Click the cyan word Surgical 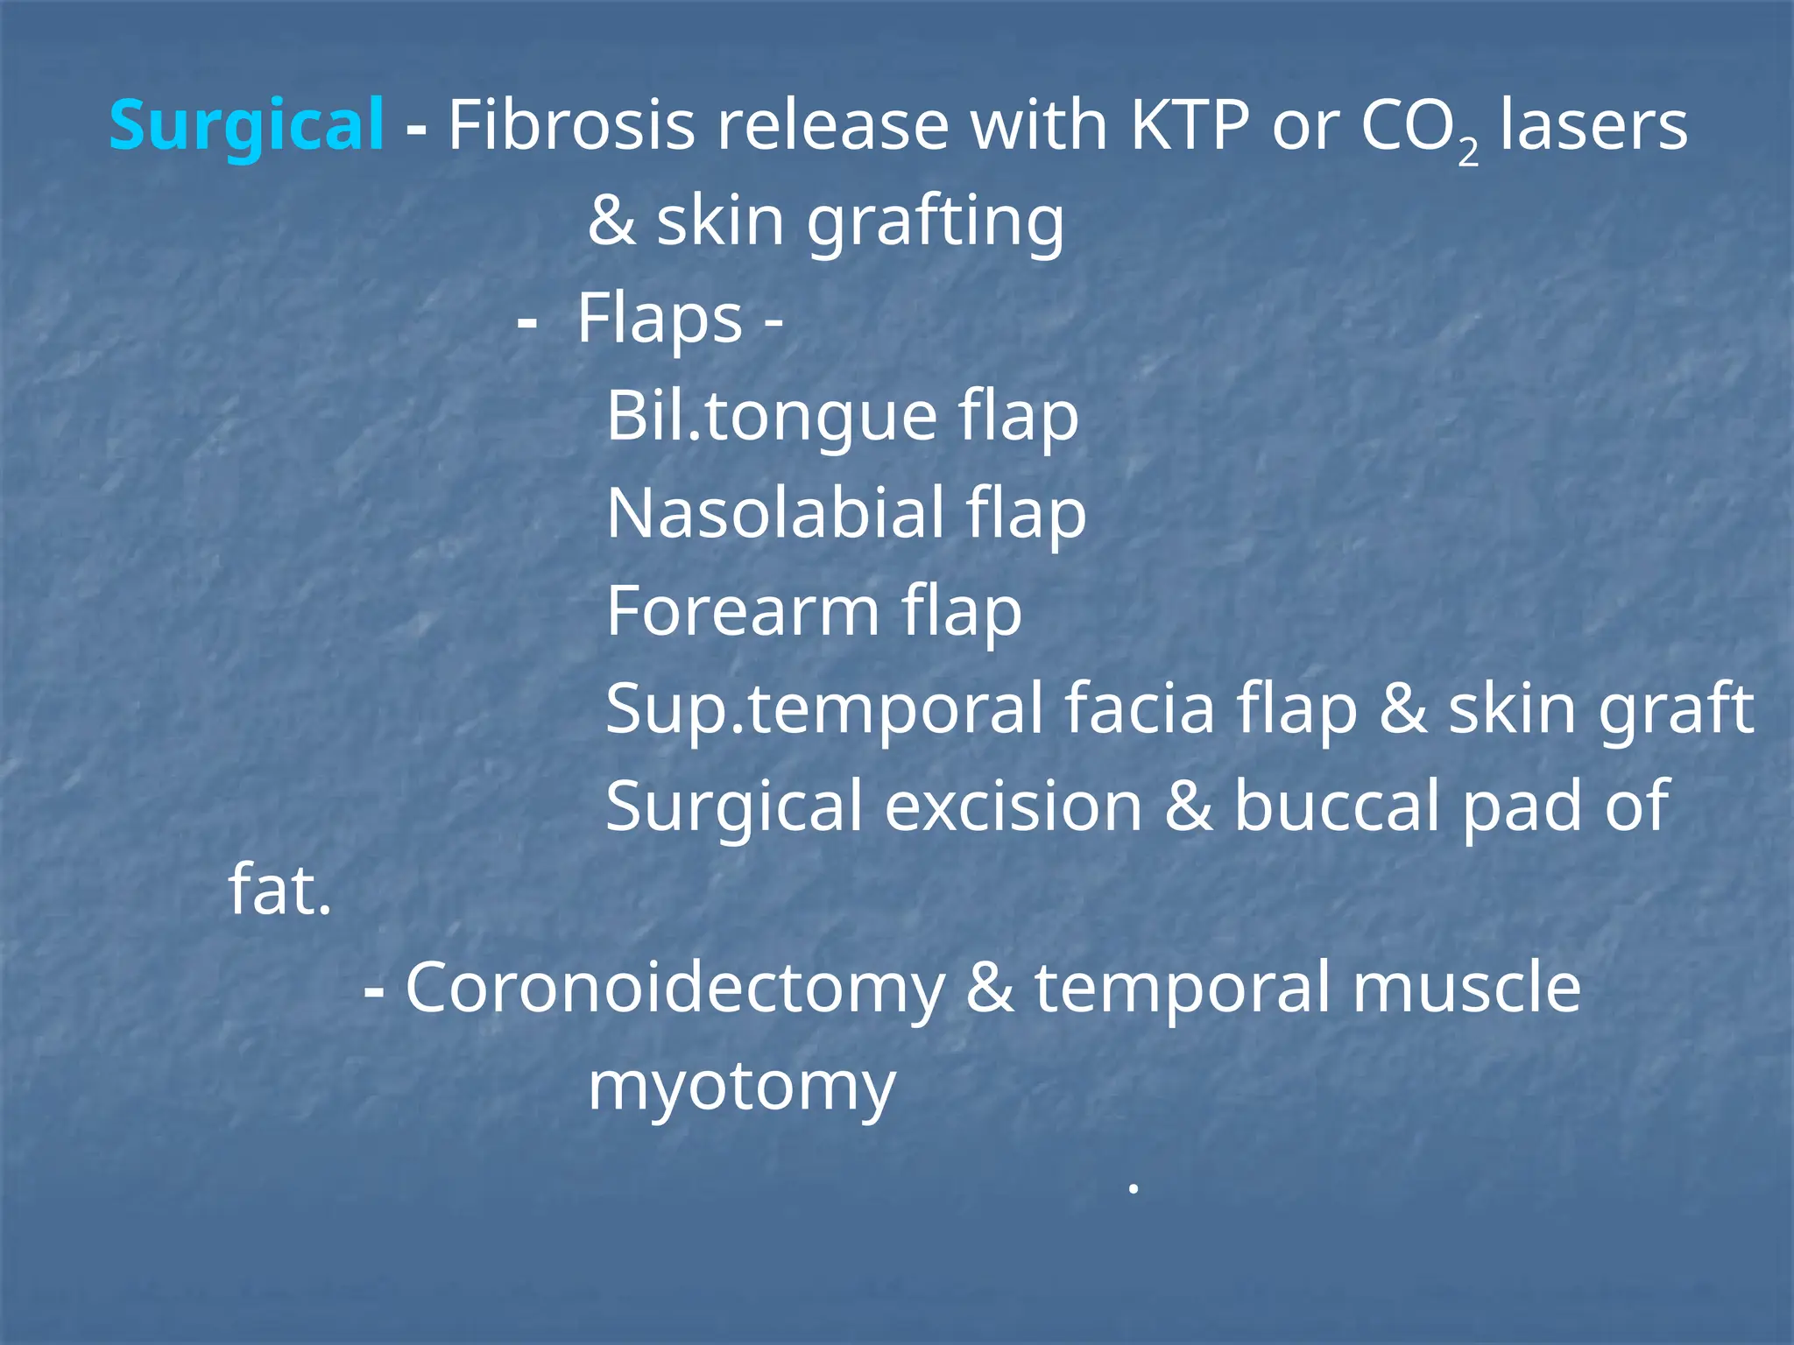point(246,125)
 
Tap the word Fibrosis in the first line point(571,125)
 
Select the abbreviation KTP point(1189,125)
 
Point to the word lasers point(1593,125)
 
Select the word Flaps point(660,319)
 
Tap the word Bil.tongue point(772,416)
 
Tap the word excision point(1013,806)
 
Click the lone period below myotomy point(1133,1189)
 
